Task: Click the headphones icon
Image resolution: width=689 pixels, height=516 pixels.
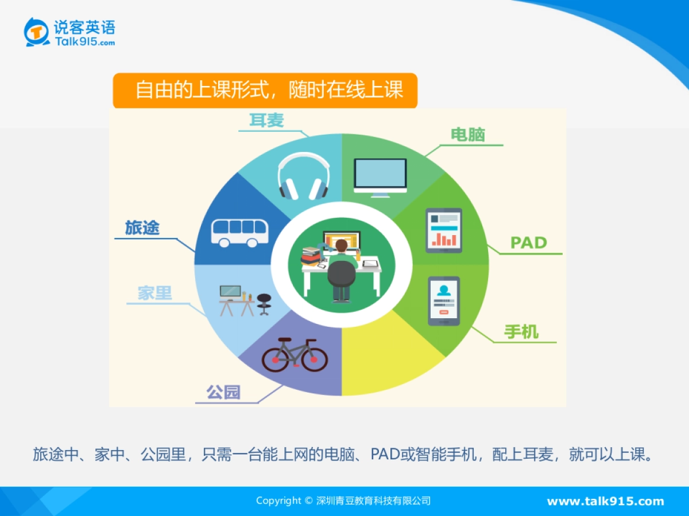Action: click(303, 176)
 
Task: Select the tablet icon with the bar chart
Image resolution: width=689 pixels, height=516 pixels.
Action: click(443, 230)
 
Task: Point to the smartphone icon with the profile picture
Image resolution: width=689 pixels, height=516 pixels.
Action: click(443, 300)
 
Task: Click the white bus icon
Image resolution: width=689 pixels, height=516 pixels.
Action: click(239, 232)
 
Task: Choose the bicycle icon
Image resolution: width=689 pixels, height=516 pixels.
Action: click(295, 354)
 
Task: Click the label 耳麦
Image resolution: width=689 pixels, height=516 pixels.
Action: click(266, 120)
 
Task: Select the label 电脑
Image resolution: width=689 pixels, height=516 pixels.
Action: click(468, 135)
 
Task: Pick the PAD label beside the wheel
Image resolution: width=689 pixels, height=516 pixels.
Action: click(529, 243)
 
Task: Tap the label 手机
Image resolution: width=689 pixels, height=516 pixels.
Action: click(521, 332)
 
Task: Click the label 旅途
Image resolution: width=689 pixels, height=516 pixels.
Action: click(142, 228)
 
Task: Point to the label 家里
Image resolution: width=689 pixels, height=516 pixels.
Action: click(155, 293)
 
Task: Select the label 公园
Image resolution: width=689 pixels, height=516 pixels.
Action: click(223, 393)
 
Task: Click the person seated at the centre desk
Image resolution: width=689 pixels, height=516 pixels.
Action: click(342, 269)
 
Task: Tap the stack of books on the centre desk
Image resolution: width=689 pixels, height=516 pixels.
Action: click(311, 256)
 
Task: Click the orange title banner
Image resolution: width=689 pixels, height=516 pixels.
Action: click(265, 91)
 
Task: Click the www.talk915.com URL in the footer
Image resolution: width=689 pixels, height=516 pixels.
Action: click(605, 501)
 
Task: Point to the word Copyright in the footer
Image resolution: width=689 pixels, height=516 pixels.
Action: click(278, 501)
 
